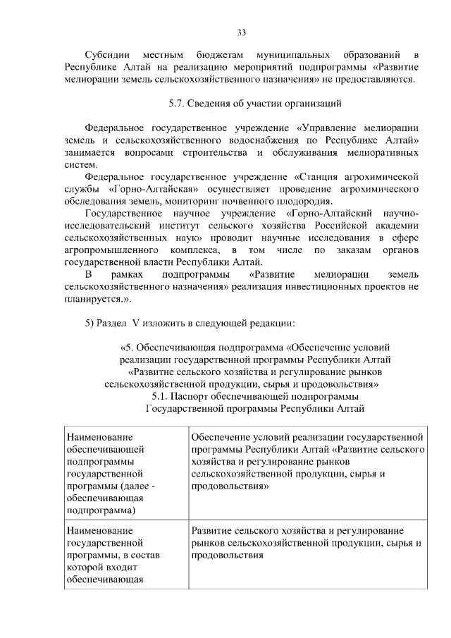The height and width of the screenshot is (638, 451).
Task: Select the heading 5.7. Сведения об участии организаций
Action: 255,104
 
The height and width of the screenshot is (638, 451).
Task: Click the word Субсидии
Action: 106,54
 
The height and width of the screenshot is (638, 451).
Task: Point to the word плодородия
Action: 304,201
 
